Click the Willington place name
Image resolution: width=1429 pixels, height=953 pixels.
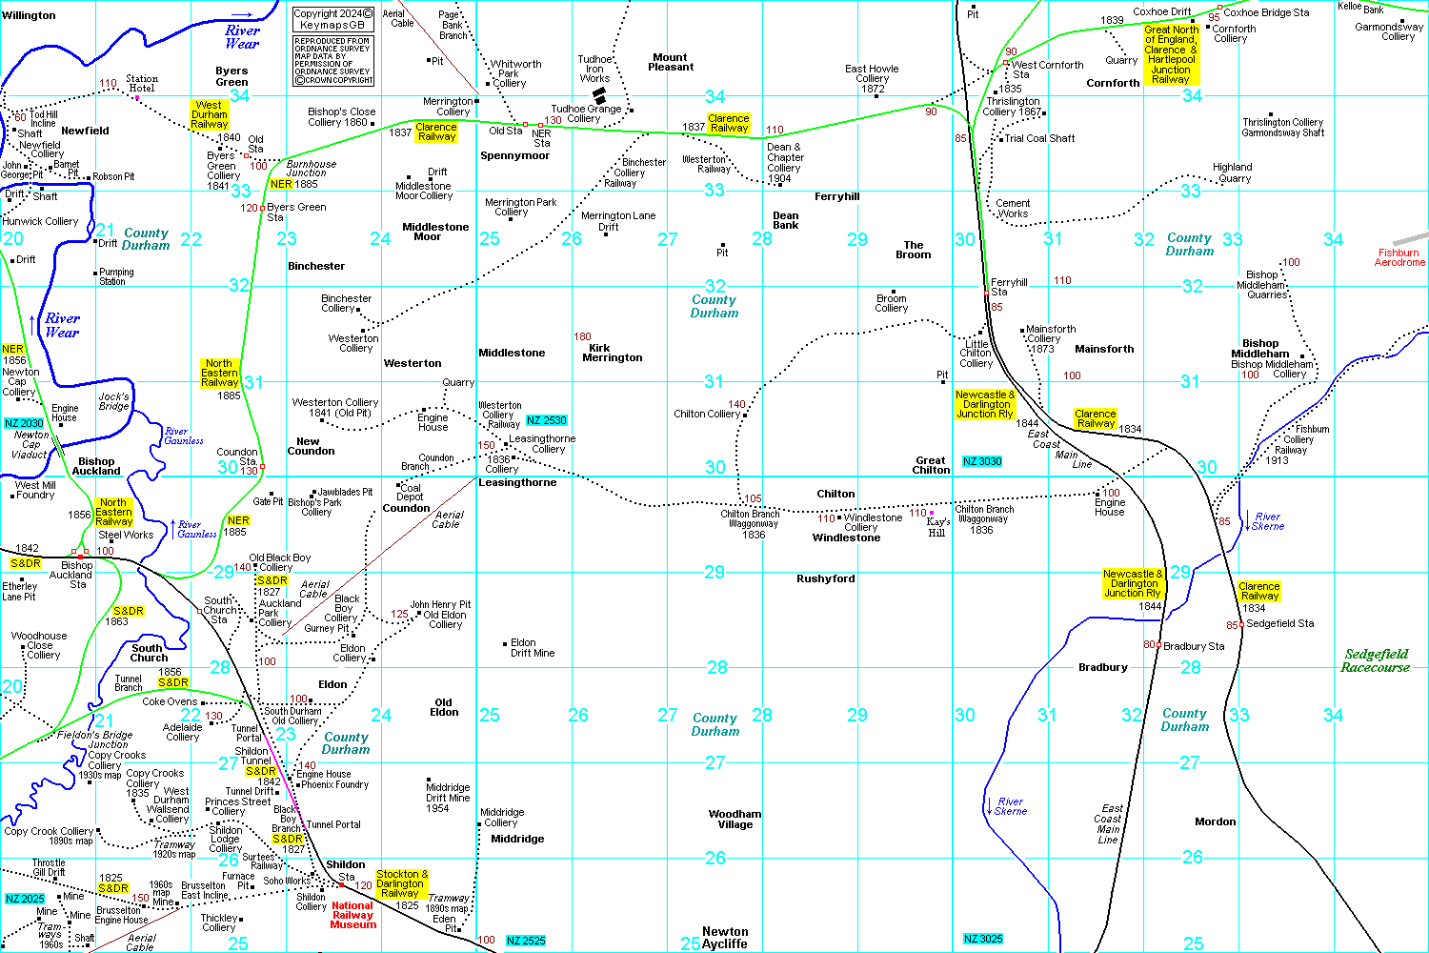click(30, 16)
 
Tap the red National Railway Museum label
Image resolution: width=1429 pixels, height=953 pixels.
click(352, 915)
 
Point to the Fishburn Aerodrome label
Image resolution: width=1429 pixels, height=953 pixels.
click(1399, 258)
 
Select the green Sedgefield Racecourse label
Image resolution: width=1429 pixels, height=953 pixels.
click(1376, 660)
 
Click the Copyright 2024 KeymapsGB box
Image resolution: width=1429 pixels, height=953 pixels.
click(332, 19)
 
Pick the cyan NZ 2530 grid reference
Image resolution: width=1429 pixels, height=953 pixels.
click(546, 420)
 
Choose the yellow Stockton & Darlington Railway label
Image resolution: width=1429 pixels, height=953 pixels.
click(401, 883)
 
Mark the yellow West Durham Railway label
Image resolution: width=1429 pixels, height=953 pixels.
click(210, 114)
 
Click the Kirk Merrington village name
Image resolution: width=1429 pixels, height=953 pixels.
click(612, 353)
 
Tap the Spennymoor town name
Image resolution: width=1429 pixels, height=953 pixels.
click(514, 155)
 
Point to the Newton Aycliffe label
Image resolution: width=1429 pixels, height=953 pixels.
click(725, 938)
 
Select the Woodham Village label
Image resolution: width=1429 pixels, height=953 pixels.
click(735, 820)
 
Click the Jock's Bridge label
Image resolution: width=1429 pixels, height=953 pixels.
click(113, 401)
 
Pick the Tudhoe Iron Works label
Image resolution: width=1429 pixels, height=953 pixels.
click(594, 69)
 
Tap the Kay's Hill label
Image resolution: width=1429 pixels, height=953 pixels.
click(937, 527)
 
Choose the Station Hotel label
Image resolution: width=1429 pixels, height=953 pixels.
click(141, 84)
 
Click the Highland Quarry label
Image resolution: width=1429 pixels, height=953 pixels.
click(1233, 172)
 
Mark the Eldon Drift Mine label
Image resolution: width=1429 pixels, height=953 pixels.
click(533, 648)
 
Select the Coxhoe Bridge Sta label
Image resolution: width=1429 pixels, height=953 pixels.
click(1266, 12)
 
